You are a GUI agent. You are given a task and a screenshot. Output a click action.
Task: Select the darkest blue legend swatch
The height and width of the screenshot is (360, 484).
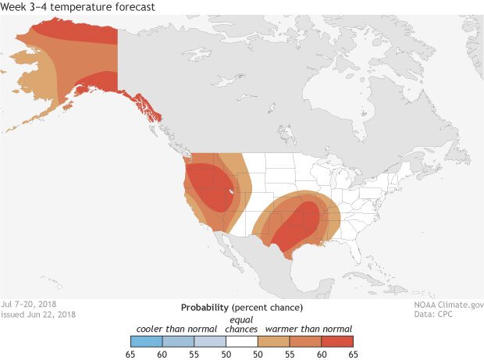[x=147, y=341]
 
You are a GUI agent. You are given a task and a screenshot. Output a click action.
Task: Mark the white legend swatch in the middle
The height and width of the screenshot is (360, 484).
[x=242, y=341]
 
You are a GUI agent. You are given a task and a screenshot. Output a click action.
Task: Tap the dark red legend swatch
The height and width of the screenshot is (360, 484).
[x=337, y=341]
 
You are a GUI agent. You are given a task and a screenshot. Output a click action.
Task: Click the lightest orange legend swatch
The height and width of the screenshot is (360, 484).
[x=274, y=341]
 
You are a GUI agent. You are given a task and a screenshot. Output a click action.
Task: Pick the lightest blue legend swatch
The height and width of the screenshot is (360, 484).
[x=210, y=341]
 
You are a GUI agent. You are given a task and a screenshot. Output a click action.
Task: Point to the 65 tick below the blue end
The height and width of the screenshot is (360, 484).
[x=131, y=354]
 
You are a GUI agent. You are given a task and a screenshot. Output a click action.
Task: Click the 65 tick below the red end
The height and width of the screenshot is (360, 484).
[x=353, y=354]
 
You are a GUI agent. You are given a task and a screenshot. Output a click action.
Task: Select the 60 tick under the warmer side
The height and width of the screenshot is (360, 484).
[x=322, y=354]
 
